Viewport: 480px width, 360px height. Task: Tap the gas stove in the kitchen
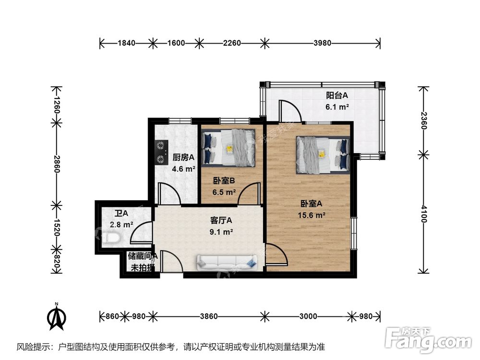click(x=162, y=153)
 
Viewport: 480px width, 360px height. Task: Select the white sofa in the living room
click(x=228, y=263)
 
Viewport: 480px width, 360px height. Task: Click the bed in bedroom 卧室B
click(x=228, y=148)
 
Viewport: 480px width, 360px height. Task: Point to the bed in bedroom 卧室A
click(x=323, y=155)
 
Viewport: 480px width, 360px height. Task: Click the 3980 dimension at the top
click(x=323, y=43)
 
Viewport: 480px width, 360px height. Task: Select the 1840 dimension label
click(x=127, y=43)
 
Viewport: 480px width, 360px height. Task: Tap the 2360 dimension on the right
click(x=423, y=120)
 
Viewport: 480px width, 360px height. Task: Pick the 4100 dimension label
click(x=423, y=214)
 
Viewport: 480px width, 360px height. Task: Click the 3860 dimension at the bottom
click(x=209, y=316)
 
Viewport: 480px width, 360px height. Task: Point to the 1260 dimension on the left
click(x=56, y=105)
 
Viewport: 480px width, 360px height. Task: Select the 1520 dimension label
click(x=56, y=227)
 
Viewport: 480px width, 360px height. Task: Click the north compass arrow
click(x=57, y=317)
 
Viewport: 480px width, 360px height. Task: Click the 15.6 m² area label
click(x=312, y=215)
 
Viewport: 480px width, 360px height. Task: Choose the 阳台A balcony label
click(x=337, y=96)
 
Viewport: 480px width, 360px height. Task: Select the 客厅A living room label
click(x=221, y=220)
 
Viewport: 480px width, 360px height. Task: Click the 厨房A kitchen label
click(x=183, y=157)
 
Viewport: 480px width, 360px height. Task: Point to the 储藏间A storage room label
click(x=143, y=256)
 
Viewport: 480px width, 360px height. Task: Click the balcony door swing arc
click(x=295, y=107)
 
